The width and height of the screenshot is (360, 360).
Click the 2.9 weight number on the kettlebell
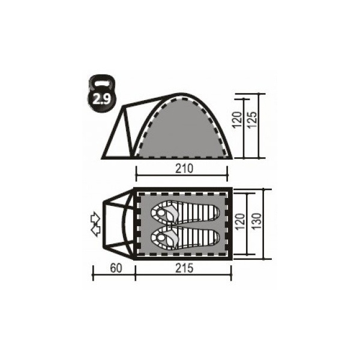click(102, 99)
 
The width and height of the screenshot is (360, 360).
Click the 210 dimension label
click(184, 169)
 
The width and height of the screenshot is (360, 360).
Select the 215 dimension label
click(184, 268)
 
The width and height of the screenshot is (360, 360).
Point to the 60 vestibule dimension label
click(116, 268)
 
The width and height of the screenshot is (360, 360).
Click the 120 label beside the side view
click(237, 120)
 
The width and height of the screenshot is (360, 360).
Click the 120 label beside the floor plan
click(240, 222)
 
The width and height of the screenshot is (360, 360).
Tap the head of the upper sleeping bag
click(161, 212)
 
